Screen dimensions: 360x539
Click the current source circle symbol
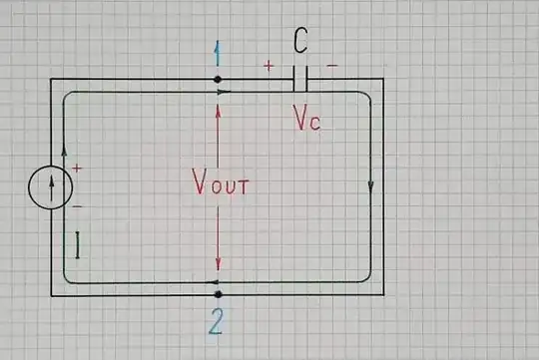[50, 187]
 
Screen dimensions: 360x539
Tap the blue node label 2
[218, 321]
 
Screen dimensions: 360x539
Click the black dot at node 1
[218, 79]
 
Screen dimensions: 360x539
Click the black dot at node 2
[218, 294]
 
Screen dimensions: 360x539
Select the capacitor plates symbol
[299, 79]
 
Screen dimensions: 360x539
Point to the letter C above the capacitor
[300, 42]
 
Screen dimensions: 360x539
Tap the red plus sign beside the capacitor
[268, 66]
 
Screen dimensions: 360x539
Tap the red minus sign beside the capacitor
[331, 66]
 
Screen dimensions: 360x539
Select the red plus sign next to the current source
[76, 170]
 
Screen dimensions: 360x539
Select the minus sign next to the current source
[76, 205]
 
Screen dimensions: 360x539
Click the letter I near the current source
[77, 245]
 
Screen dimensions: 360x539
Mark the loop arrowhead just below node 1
[226, 92]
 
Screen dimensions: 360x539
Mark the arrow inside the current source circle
[50, 186]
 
